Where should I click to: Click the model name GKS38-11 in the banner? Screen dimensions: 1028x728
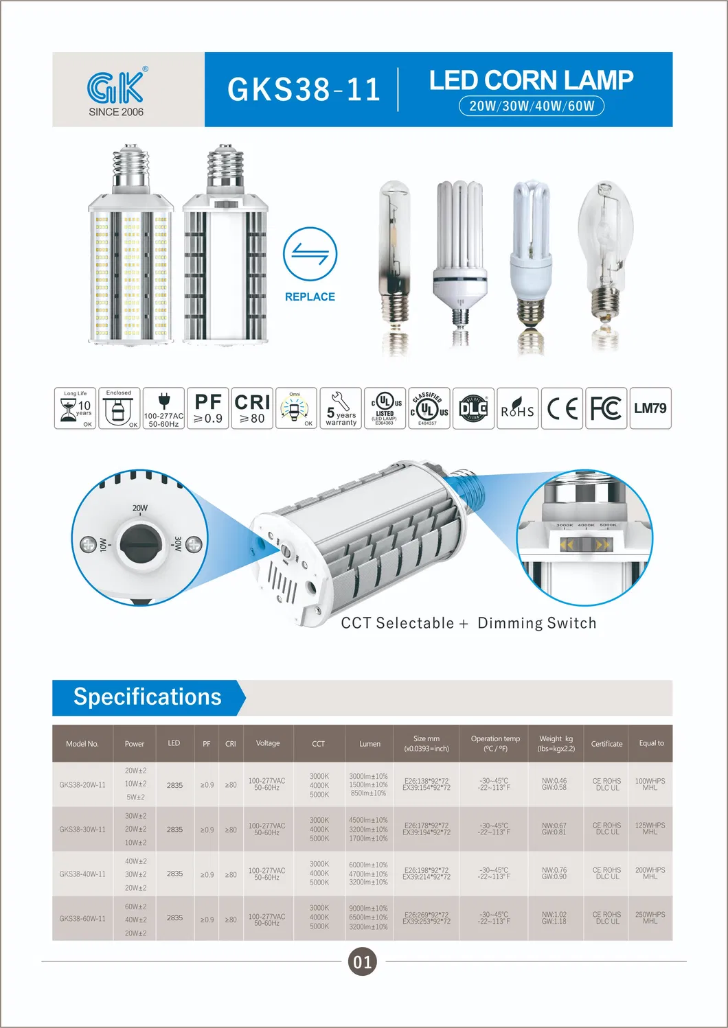[304, 90]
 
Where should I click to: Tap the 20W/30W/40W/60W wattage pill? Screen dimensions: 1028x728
[532, 106]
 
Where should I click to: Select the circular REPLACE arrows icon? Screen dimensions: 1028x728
[310, 254]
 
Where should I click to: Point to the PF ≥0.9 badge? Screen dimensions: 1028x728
[208, 408]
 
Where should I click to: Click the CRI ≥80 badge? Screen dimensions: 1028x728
[252, 408]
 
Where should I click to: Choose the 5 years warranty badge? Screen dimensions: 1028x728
[341, 408]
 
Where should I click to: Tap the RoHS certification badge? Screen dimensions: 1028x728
[517, 408]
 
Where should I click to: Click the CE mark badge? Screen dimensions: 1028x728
[562, 408]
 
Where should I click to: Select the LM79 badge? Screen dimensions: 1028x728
[650, 408]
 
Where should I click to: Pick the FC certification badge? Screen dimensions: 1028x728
[606, 408]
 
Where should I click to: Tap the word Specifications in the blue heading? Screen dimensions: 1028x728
[148, 697]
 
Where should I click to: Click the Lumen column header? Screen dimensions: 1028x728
[369, 744]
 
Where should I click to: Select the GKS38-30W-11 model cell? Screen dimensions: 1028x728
[82, 829]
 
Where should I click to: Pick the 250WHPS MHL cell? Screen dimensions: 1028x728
[650, 918]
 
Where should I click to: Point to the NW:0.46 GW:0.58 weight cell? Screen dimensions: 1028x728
[554, 784]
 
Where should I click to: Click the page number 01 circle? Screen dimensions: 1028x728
[363, 961]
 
